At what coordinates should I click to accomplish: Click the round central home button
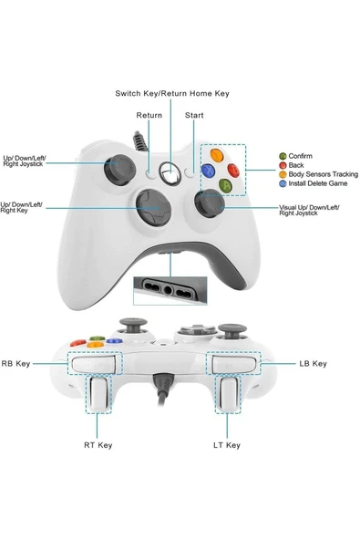pyautogui.click(x=170, y=171)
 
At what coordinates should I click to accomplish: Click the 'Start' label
pyautogui.click(x=194, y=116)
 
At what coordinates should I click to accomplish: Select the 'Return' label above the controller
pyautogui.click(x=149, y=116)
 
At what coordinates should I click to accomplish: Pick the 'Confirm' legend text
pyautogui.click(x=300, y=157)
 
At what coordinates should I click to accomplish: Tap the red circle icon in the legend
pyautogui.click(x=283, y=166)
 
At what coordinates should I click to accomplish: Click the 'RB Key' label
pyautogui.click(x=16, y=364)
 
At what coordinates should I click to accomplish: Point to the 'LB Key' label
pyautogui.click(x=313, y=364)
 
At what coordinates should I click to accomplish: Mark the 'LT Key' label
pyautogui.click(x=227, y=445)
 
